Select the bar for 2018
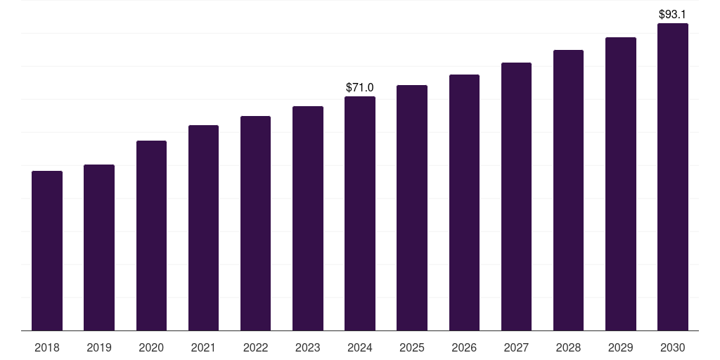coord(47,251)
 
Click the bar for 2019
coord(99,247)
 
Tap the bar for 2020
coord(152,236)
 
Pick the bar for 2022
coord(255,223)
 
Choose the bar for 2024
coord(360,214)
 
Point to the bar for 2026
coord(464,202)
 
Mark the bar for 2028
coord(568,190)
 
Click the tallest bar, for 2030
coord(673,176)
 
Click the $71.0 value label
coord(359,87)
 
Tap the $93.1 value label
coord(672,14)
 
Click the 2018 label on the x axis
coord(47,347)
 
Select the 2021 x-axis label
coord(203,347)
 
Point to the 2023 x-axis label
coord(308,347)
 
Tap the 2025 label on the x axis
coord(412,347)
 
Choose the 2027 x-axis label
coord(516,347)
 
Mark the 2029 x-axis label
coord(620,347)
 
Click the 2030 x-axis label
coord(673,347)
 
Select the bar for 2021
coord(203,228)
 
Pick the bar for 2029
coord(621,184)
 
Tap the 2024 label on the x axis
coord(360,347)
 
